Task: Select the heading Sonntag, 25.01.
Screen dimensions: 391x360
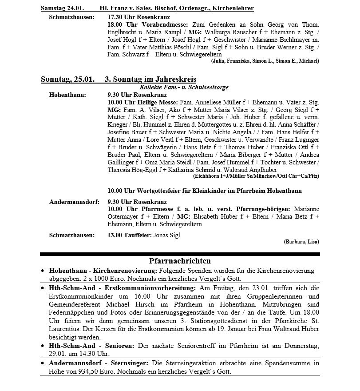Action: tap(67, 80)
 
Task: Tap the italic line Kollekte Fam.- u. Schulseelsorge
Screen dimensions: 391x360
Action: tap(184, 88)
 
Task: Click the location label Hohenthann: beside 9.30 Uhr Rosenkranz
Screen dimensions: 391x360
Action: tap(68, 95)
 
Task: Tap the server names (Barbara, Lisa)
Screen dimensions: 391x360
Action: tap(301, 242)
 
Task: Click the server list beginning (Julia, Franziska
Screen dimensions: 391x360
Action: tap(265, 61)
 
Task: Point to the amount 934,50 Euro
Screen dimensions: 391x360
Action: tap(153, 371)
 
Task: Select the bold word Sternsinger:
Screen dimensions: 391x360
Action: tap(129, 363)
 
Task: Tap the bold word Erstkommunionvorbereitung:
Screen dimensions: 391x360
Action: tap(150, 288)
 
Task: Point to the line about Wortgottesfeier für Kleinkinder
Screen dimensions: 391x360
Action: tap(205, 191)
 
